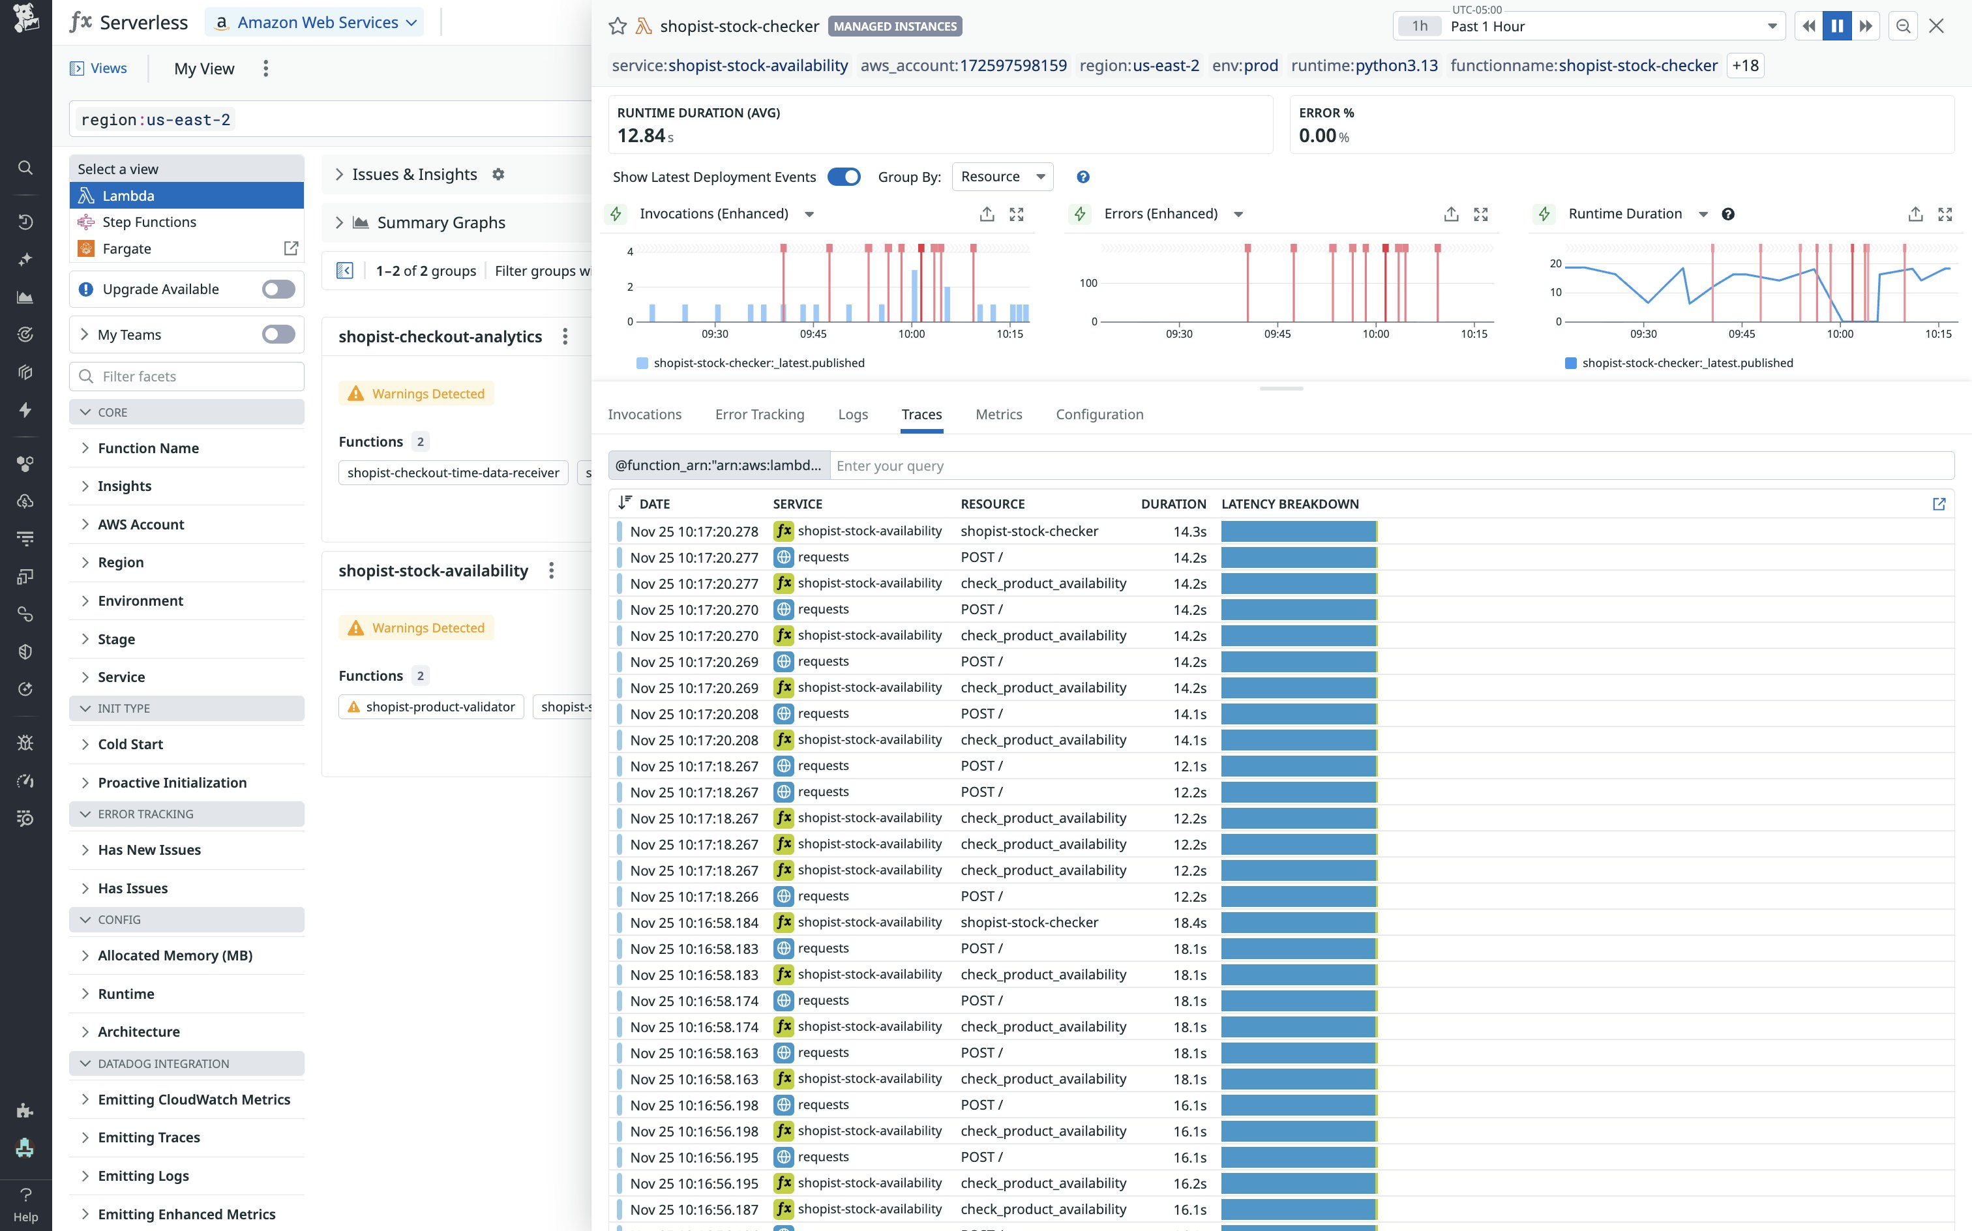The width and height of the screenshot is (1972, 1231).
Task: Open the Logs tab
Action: tap(852, 415)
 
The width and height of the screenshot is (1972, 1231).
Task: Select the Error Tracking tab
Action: tap(759, 415)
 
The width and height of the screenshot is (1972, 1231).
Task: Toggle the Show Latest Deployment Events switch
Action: tap(844, 177)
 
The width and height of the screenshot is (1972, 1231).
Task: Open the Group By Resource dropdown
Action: tap(1002, 177)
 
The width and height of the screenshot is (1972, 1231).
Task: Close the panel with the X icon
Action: tap(1935, 26)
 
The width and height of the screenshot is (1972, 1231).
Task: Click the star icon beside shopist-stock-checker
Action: tap(617, 26)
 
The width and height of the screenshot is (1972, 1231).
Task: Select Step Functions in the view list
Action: tap(149, 222)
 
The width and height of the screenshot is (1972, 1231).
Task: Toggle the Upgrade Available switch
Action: tap(278, 289)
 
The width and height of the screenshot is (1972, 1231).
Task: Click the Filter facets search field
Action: tap(187, 376)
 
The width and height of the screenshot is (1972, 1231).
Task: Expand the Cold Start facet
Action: tap(130, 744)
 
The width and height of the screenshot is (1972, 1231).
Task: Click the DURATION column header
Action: tap(1173, 504)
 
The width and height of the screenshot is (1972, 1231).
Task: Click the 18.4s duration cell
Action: tap(1189, 923)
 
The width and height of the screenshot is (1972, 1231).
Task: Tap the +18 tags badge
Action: tap(1745, 66)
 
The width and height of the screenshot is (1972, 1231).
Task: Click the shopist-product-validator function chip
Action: tap(432, 707)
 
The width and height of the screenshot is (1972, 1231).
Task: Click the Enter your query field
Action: tap(1384, 466)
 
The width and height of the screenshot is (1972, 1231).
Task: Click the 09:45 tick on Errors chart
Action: tap(1277, 334)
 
